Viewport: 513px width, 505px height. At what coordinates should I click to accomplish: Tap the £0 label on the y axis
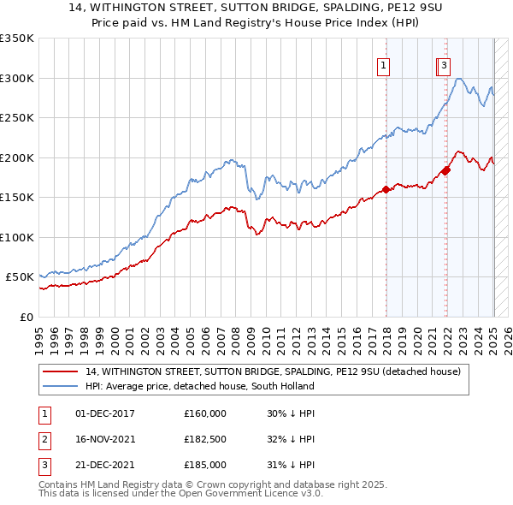[26, 317]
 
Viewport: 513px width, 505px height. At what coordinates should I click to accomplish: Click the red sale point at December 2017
[386, 189]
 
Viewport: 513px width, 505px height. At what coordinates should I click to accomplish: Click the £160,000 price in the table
[205, 413]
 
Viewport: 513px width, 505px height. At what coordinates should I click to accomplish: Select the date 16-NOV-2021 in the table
[106, 439]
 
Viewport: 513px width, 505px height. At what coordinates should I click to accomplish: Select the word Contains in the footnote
[60, 484]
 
